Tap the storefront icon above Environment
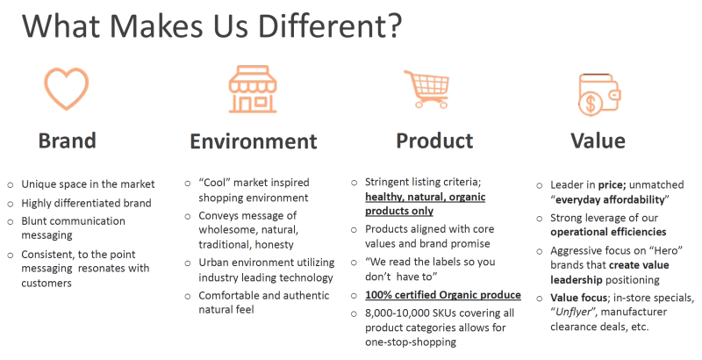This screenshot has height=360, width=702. [x=253, y=89]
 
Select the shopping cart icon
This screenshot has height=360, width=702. [x=426, y=89]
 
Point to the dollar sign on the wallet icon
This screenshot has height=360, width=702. [x=591, y=104]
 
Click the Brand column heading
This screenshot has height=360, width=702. [x=68, y=140]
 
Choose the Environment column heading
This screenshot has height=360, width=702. [x=254, y=141]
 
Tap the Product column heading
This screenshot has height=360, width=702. [x=434, y=140]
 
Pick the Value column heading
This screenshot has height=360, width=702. [x=598, y=140]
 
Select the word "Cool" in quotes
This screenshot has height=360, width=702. [x=214, y=183]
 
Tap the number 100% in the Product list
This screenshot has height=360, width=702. [x=378, y=295]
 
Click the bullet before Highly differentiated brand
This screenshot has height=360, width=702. [x=11, y=204]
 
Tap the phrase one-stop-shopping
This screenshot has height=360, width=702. [x=411, y=342]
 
